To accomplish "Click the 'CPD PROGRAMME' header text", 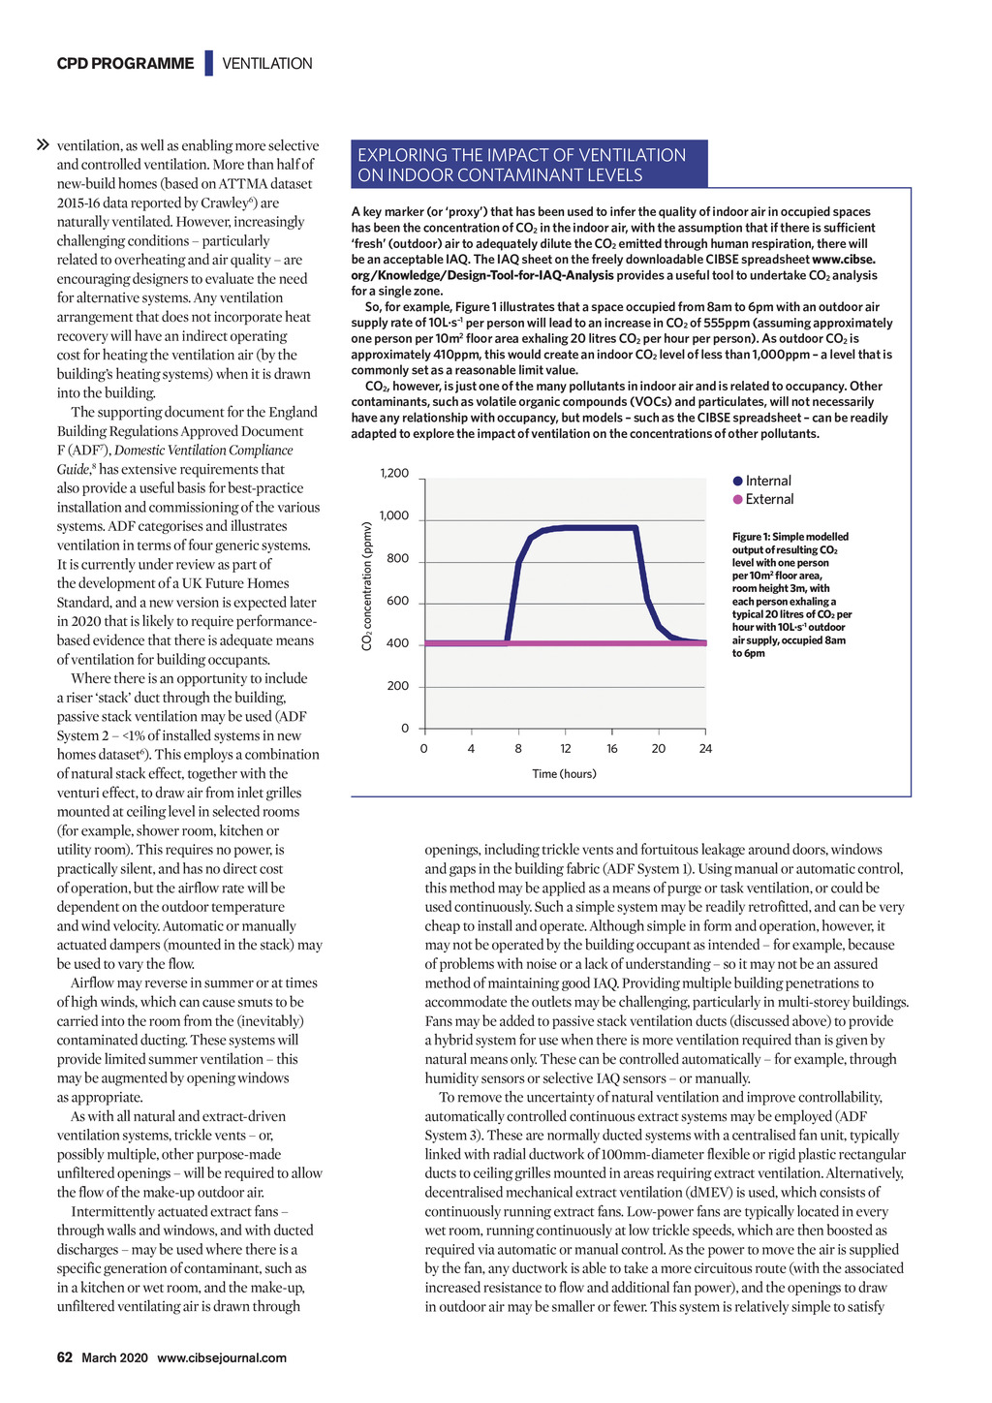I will (125, 64).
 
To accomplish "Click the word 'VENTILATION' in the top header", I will (267, 64).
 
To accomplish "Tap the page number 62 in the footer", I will (64, 1357).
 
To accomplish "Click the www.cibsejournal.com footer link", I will (222, 1357).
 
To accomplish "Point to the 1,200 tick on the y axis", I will (394, 474).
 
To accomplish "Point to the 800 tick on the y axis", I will (398, 559).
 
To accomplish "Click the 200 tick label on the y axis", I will (398, 686).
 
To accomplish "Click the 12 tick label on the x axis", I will (566, 749).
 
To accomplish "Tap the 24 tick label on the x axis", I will (705, 749).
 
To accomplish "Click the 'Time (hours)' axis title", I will (564, 774).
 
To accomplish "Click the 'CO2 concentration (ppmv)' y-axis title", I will (367, 587).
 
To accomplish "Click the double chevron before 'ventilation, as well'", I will (43, 145).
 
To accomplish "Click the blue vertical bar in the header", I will (208, 64).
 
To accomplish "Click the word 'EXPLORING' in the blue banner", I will (402, 155).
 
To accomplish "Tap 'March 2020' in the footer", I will (114, 1357).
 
